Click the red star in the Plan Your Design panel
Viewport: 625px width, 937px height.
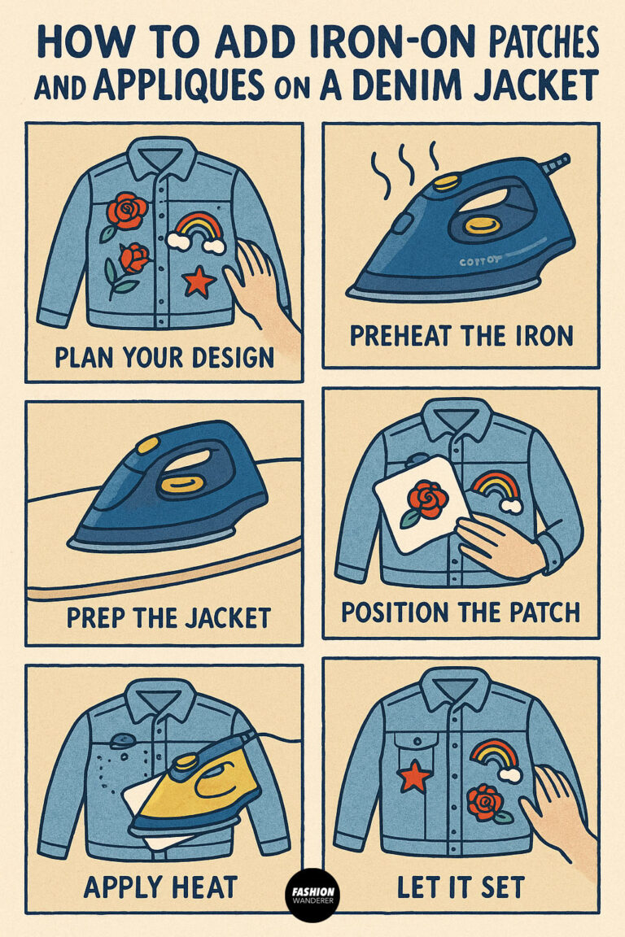[x=199, y=281]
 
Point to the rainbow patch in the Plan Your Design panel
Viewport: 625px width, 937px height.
[x=196, y=229]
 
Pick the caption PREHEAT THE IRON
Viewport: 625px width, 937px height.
[x=460, y=335]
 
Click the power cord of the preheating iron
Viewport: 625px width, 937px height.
[x=554, y=164]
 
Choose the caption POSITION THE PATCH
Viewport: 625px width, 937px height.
[x=461, y=612]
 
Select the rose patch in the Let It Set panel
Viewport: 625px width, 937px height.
[x=485, y=803]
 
